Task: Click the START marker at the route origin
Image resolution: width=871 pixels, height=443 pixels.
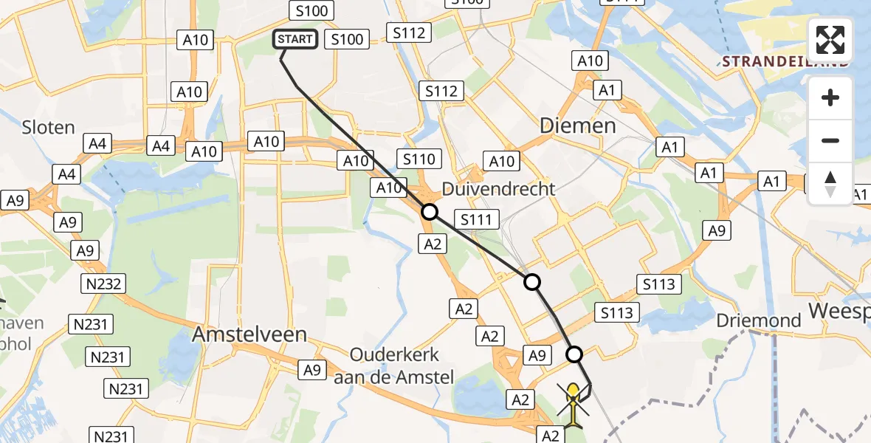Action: tap(296, 39)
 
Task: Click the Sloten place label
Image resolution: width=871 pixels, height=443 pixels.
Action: tap(48, 127)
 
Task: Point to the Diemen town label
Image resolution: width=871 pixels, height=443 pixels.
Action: tap(578, 125)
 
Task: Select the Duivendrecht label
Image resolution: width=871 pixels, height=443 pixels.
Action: tap(498, 188)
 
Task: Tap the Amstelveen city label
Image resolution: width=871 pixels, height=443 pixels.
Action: tap(249, 334)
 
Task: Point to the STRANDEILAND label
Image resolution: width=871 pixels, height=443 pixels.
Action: tap(785, 61)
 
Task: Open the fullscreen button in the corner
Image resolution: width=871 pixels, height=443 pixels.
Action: tap(830, 40)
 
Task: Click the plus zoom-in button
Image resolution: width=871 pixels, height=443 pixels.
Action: tap(830, 97)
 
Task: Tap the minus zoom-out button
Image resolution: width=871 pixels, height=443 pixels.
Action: tap(830, 140)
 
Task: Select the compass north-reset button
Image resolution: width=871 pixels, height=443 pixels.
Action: tap(830, 184)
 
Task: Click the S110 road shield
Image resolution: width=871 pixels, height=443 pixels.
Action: tap(419, 158)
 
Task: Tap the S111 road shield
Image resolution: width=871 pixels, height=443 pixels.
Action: tap(477, 219)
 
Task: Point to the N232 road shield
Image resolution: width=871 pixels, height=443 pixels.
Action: tap(105, 283)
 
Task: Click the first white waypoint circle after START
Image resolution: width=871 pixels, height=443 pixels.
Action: tap(429, 213)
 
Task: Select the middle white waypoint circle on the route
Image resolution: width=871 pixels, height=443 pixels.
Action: tap(531, 281)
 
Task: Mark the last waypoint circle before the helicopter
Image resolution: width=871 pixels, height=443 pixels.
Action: tap(574, 354)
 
